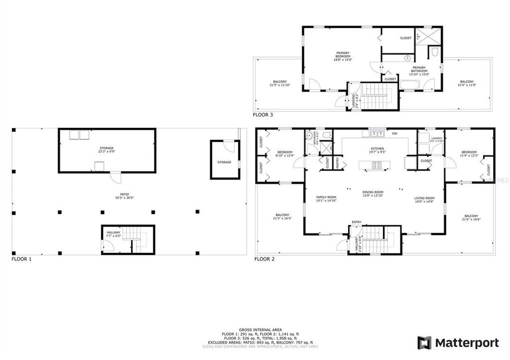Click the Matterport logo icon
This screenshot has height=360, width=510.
[424, 342]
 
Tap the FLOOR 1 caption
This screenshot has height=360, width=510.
[21, 259]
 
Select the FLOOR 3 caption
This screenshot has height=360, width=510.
[263, 114]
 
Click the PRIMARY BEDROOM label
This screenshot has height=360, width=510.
[342, 56]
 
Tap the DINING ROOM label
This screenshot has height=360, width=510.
[372, 193]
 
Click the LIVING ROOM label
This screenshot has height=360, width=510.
[424, 198]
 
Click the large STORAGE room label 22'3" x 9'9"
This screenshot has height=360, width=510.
[106, 149]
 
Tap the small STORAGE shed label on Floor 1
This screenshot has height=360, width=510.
[224, 162]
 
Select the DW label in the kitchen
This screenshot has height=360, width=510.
[394, 133]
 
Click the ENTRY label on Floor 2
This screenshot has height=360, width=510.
[356, 222]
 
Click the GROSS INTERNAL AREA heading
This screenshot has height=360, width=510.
[255, 330]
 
